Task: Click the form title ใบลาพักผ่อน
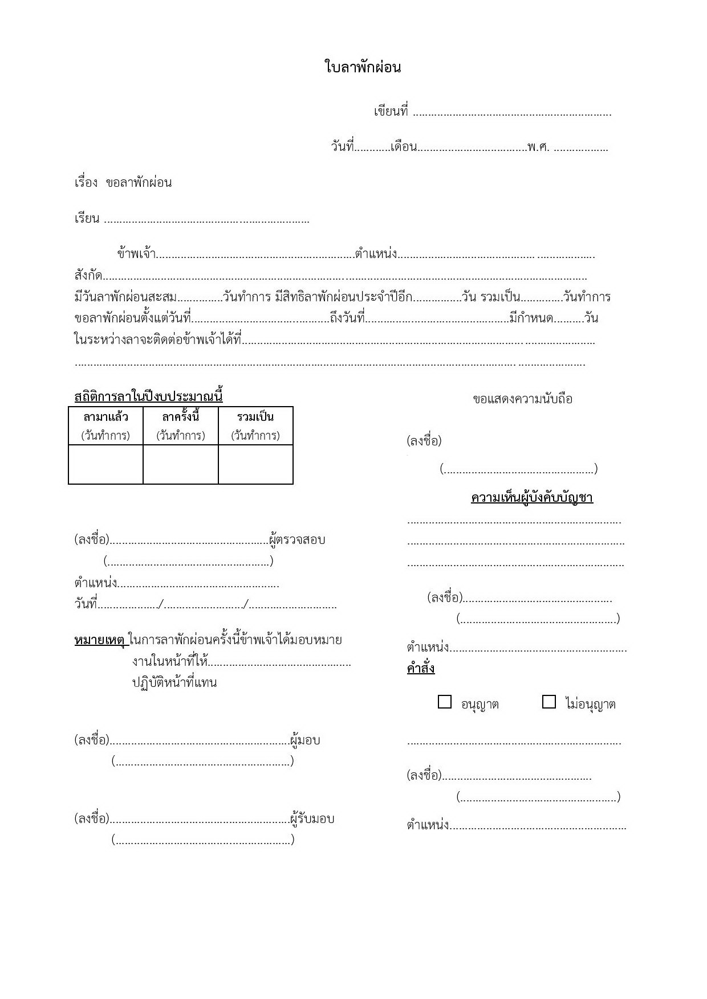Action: tap(363, 68)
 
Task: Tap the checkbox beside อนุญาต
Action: tap(445, 702)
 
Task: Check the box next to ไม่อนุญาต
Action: tap(549, 702)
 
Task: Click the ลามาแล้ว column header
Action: tap(105, 417)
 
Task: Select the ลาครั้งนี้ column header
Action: tap(181, 417)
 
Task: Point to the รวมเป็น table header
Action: tap(255, 417)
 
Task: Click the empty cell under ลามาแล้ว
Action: tap(105, 464)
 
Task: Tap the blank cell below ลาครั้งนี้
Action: tap(181, 464)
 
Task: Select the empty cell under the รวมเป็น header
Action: tap(255, 464)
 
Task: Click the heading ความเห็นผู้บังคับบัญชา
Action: tap(532, 498)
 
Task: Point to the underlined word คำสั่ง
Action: tap(421, 668)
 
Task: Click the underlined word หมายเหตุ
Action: tap(100, 640)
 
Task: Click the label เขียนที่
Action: tap(391, 112)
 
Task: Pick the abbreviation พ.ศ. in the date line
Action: tap(538, 147)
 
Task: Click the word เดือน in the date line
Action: tap(404, 147)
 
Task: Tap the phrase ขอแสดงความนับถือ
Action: tap(522, 399)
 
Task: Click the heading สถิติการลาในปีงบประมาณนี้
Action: tap(148, 396)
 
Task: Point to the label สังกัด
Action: tap(88, 276)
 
